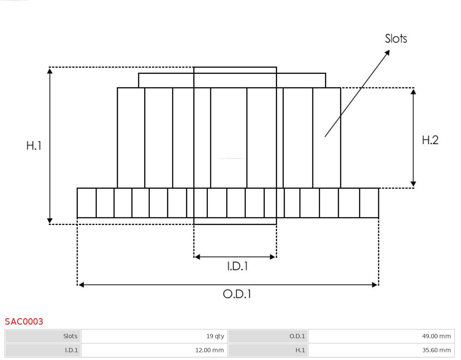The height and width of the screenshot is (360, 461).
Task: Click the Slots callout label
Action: coord(396,39)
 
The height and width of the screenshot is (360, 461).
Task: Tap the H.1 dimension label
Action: coord(34,145)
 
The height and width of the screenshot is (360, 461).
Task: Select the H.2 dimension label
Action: coord(430,140)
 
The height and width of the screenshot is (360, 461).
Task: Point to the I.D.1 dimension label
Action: coord(237,267)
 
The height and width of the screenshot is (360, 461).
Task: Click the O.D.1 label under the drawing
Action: coord(237,294)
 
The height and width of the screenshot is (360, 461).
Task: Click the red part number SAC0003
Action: coord(24,322)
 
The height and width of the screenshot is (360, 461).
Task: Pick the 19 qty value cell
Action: coord(154,336)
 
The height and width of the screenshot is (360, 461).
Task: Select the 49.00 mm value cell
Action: coord(381,336)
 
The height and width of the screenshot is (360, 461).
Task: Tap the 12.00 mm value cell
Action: coord(154,350)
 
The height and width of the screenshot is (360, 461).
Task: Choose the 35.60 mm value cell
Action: coord(381,350)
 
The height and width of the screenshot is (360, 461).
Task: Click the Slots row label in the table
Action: coord(43,336)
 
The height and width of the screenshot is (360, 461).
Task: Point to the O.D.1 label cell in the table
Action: coord(268,336)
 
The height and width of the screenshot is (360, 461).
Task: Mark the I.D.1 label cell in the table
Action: coord(43,350)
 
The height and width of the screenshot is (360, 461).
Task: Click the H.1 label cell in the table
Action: coord(268,350)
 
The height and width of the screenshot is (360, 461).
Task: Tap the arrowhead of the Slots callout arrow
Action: coord(387,52)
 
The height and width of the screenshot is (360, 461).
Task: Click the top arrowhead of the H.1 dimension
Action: coord(50,71)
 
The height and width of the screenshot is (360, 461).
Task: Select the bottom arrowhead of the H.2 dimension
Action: coord(413,184)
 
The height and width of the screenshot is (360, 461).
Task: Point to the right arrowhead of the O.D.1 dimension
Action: coord(375,285)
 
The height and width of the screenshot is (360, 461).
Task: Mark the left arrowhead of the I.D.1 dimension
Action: coord(197,257)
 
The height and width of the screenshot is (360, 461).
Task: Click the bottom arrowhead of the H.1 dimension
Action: coord(50,221)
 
